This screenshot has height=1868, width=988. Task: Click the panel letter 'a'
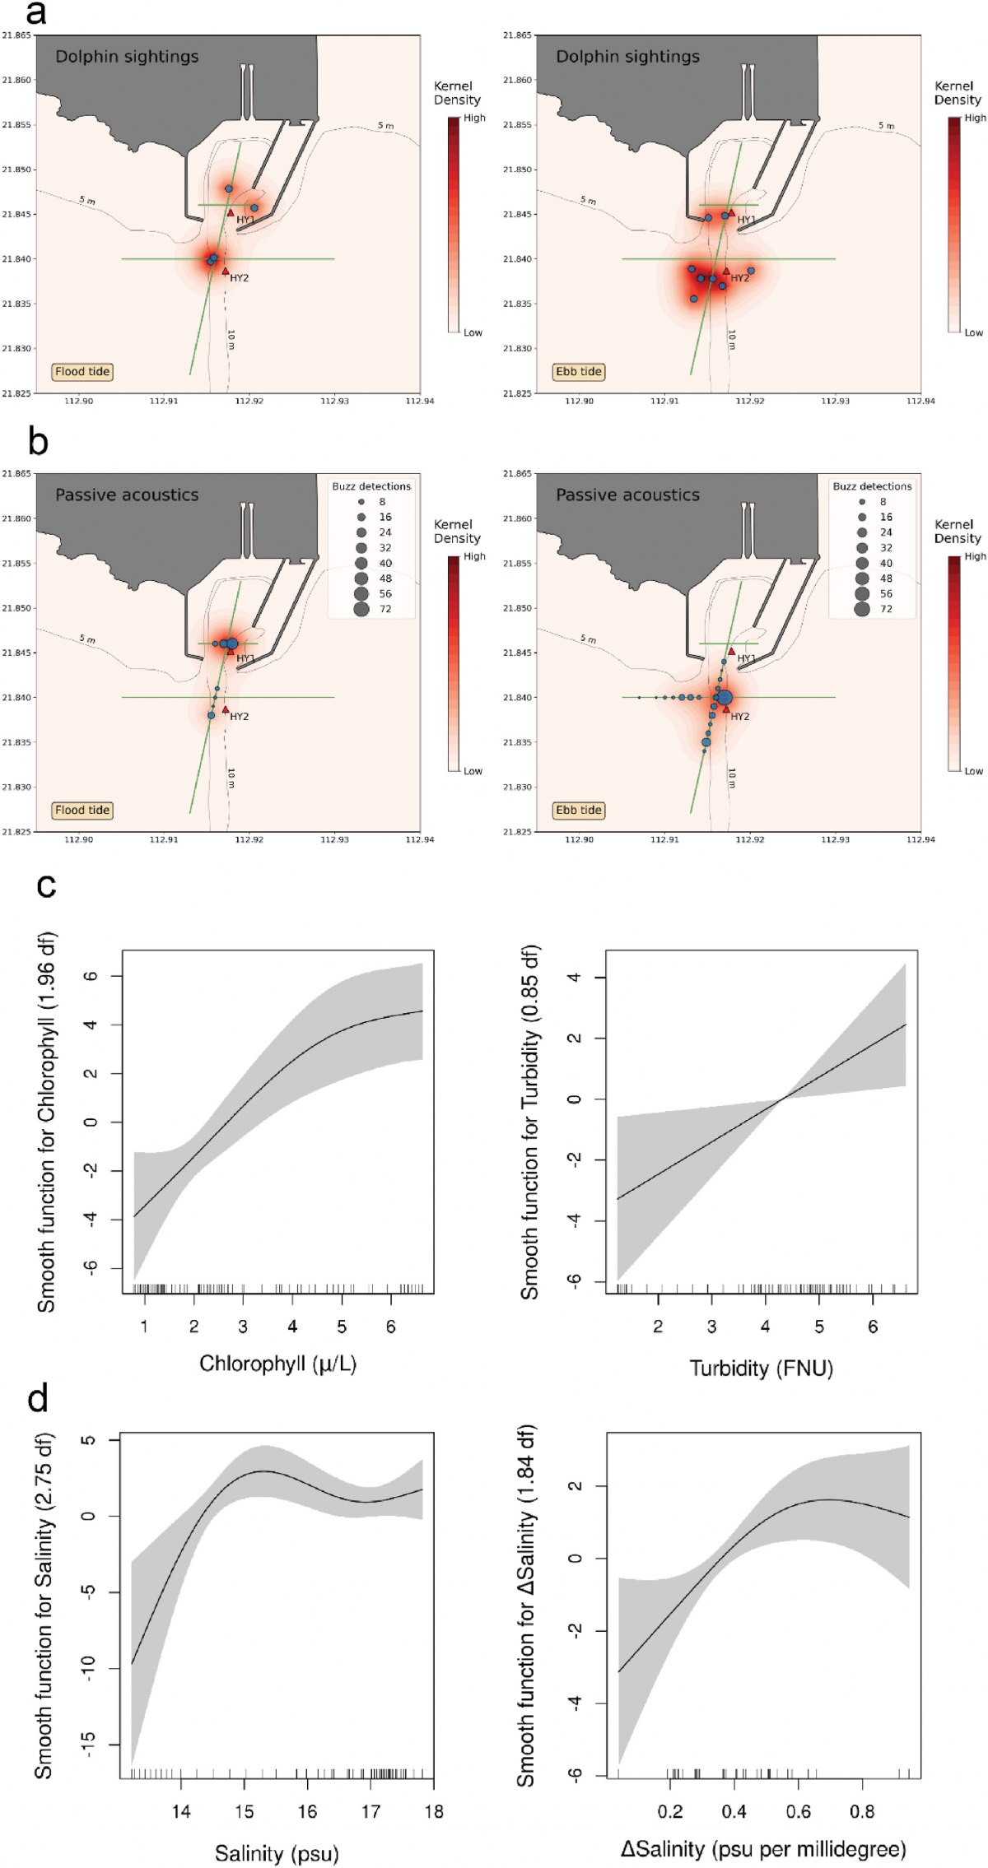(35, 13)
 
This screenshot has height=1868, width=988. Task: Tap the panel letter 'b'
(38, 442)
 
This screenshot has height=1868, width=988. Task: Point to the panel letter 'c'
(46, 885)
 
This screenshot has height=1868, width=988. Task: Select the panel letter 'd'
(38, 1398)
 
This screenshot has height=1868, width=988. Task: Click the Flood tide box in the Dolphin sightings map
(82, 372)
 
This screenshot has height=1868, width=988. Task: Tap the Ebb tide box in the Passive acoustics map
(579, 811)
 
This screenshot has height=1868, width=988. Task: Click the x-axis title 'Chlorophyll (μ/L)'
(277, 1364)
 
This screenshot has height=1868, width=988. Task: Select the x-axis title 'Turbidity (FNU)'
(761, 1368)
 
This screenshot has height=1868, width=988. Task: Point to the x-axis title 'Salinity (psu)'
(277, 1853)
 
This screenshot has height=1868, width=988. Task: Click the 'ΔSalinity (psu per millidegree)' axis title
(763, 1849)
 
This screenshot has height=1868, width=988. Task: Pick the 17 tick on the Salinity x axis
(370, 1811)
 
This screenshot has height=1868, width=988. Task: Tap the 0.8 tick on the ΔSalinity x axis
(862, 1811)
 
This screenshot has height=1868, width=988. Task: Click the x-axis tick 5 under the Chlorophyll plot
(342, 1327)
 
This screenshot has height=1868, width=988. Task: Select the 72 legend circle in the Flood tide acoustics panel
(361, 609)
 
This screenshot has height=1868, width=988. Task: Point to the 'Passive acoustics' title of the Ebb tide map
(627, 495)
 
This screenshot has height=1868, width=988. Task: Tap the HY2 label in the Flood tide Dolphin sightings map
(240, 278)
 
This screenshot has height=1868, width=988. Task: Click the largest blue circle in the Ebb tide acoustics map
(725, 698)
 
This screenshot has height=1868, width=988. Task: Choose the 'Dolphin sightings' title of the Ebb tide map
(627, 57)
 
